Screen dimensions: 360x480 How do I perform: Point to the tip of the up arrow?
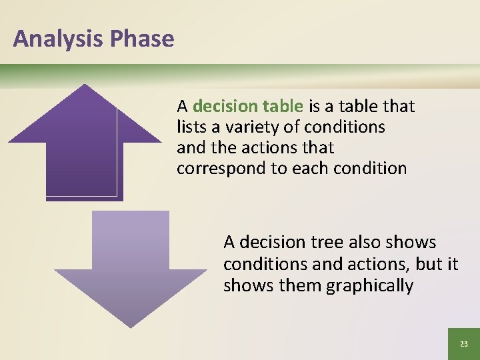[x=84, y=86]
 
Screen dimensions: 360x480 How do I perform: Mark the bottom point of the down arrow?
[x=131, y=325]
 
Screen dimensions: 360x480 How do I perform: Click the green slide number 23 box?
[x=463, y=343]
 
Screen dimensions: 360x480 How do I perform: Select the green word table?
[x=283, y=106]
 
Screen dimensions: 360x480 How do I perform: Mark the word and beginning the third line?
[x=189, y=147]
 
